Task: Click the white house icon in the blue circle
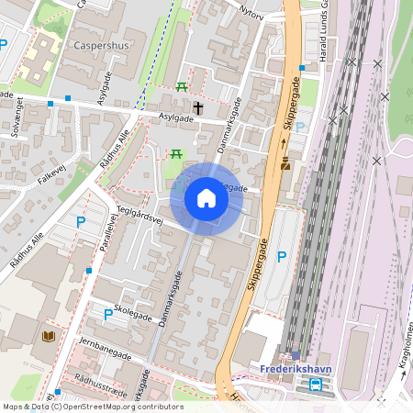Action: pos(206,198)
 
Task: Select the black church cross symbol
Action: pos(197,108)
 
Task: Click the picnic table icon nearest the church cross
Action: pos(181,87)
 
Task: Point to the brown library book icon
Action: pos(48,338)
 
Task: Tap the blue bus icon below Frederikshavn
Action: pos(316,385)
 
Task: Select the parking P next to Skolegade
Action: pos(108,315)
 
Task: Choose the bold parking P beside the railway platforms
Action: pos(282,257)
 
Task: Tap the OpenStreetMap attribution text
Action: pos(92,407)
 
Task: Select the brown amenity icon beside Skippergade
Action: pos(285,164)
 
